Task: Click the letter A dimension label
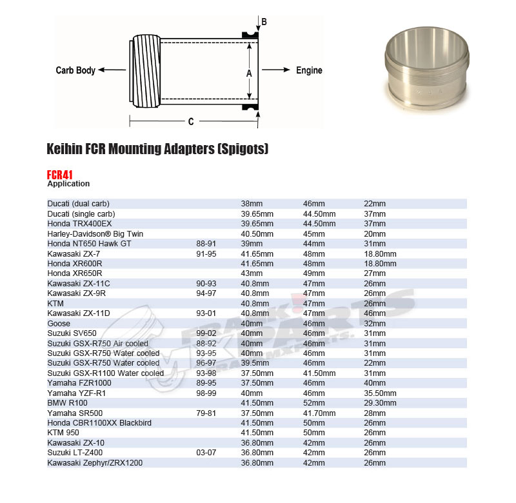tap(249, 74)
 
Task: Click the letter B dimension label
tap(264, 22)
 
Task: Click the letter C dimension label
tap(191, 121)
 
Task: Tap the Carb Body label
tap(75, 70)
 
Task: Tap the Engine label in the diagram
tap(309, 70)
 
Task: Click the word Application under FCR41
tap(68, 184)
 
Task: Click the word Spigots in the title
tap(242, 149)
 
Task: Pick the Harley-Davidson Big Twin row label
tap(95, 233)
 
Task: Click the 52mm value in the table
tap(314, 402)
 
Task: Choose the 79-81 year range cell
tap(205, 413)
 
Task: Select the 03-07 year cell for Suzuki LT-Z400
tap(205, 453)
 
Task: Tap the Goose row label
tap(59, 323)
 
